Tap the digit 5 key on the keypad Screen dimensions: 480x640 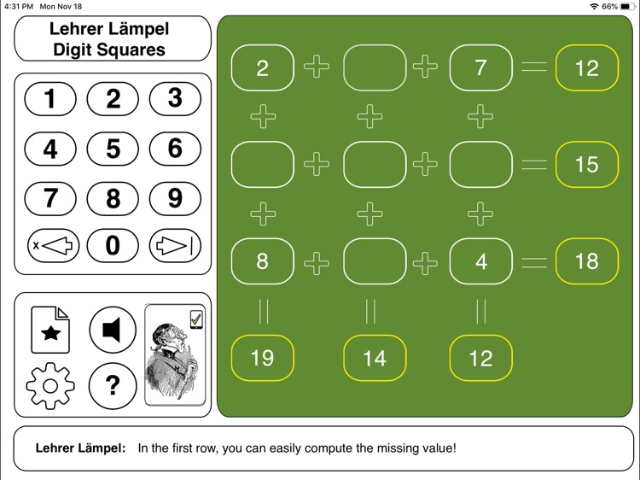[113, 149]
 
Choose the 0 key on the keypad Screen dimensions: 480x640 [113, 246]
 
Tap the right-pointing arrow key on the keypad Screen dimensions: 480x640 [175, 246]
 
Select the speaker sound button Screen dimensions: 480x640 [113, 330]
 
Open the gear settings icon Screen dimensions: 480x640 [50, 385]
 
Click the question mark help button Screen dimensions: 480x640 [113, 385]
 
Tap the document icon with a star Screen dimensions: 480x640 [50, 330]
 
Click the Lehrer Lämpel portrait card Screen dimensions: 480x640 [175, 354]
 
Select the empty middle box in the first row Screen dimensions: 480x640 [375, 67]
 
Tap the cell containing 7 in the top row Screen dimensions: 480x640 [480, 67]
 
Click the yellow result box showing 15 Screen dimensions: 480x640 [586, 164]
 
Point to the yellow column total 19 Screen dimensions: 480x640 [262, 358]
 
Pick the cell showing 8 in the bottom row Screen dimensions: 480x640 [262, 261]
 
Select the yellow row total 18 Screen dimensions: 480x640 [586, 261]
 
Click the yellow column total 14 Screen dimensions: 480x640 [375, 358]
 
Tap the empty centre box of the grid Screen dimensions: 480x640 [375, 164]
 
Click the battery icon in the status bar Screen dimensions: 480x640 [626, 6]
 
